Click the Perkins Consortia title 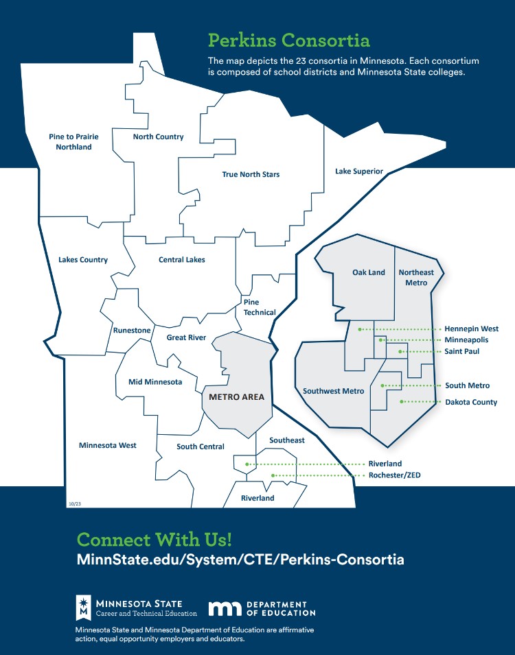[x=289, y=40]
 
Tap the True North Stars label [x=251, y=174]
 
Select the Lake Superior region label [x=359, y=171]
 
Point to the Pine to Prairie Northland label [x=73, y=141]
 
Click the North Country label [x=158, y=136]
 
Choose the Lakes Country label [x=83, y=260]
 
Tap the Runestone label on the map [x=132, y=330]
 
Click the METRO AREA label [x=236, y=397]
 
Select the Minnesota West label [x=108, y=445]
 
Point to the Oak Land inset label [x=369, y=272]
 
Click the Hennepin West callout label [x=472, y=329]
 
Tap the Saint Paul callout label [x=462, y=351]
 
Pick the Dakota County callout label [x=471, y=403]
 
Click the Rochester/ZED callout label [x=395, y=475]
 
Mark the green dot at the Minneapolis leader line [x=380, y=340]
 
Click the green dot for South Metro [x=382, y=385]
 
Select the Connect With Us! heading [x=154, y=539]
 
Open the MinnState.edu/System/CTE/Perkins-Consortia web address [x=240, y=560]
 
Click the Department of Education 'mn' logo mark [x=225, y=608]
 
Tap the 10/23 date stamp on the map [x=75, y=504]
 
